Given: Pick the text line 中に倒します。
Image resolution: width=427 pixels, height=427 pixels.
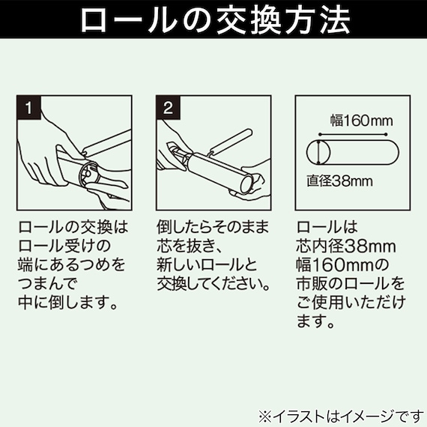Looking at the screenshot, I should [67, 304].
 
